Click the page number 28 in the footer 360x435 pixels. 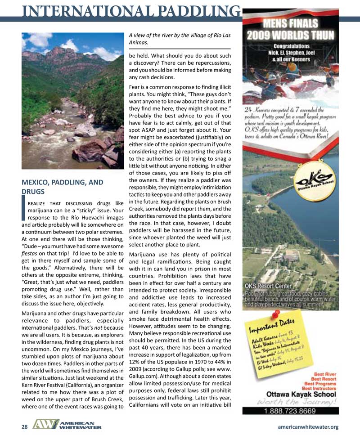[25, 427]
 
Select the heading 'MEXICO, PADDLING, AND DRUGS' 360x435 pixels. [63, 187]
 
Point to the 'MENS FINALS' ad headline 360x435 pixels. [291, 23]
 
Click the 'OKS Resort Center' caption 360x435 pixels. [268, 286]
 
